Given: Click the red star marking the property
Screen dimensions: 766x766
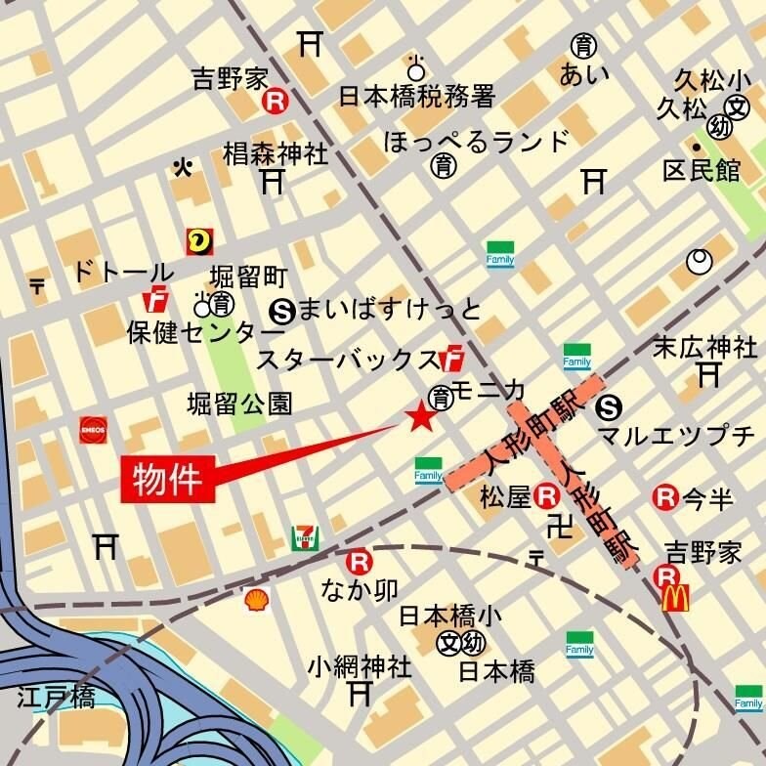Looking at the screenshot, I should click(x=421, y=418).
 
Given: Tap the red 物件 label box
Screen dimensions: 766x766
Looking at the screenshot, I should click(x=167, y=480).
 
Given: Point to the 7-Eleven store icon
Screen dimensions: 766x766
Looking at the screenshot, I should click(x=305, y=537).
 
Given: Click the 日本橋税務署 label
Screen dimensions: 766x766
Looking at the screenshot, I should click(x=417, y=96).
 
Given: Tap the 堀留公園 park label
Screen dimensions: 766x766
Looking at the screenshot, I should click(x=239, y=404).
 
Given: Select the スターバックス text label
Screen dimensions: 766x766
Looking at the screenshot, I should click(x=348, y=360).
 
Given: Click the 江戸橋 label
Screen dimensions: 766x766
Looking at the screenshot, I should click(x=56, y=698).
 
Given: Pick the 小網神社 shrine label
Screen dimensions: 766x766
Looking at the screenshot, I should click(x=359, y=667).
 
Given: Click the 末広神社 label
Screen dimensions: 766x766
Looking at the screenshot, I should click(x=704, y=347).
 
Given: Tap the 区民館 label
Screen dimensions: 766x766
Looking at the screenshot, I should click(x=702, y=170).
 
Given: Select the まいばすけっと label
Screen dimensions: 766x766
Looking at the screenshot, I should click(x=389, y=310).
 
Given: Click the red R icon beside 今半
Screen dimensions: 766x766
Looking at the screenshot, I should click(x=665, y=498).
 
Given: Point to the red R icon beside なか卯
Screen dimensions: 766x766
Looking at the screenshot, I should click(x=359, y=563).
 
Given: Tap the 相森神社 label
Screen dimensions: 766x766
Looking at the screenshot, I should click(x=276, y=153).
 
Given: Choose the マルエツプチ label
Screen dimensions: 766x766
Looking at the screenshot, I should click(x=676, y=435).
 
